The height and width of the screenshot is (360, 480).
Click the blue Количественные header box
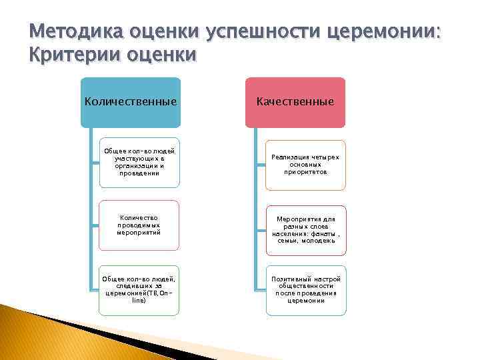tap(131, 102)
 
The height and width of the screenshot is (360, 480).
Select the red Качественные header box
tap(295, 102)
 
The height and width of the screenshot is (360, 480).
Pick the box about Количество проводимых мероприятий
tap(139, 225)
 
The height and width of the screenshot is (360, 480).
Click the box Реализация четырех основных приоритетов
tap(305, 164)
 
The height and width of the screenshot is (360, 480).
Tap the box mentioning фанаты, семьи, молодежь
tap(305, 230)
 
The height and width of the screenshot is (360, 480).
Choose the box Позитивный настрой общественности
tap(305, 290)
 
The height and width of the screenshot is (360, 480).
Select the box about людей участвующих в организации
tap(139, 164)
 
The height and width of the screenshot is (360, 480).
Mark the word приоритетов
tap(305, 171)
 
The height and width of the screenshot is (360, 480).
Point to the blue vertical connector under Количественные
tap(92, 213)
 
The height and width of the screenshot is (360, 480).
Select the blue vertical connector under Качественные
tap(256, 213)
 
